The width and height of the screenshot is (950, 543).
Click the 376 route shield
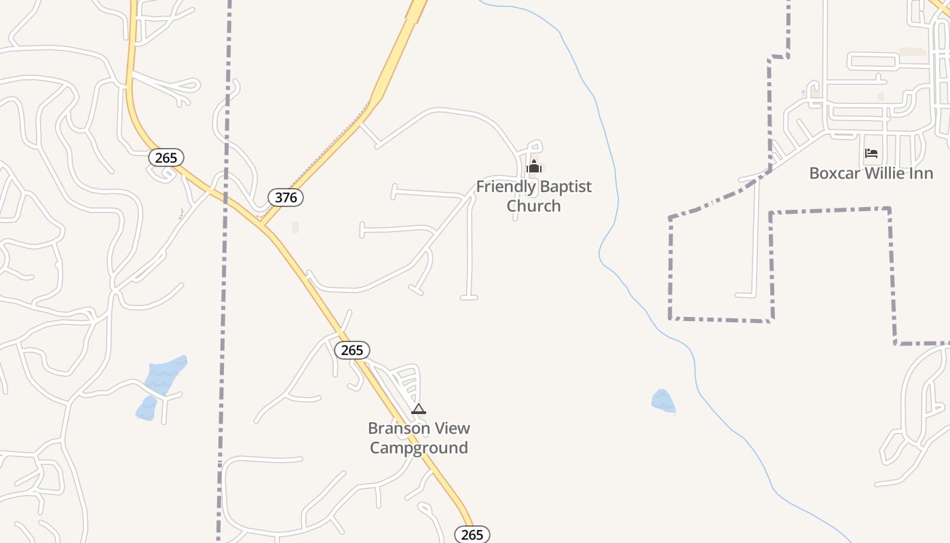pyautogui.click(x=286, y=198)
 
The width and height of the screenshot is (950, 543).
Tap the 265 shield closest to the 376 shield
pyautogui.click(x=166, y=158)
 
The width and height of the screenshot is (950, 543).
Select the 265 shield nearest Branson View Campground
pyautogui.click(x=352, y=350)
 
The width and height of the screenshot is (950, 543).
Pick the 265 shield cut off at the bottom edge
pyautogui.click(x=472, y=534)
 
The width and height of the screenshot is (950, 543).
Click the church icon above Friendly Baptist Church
pyautogui.click(x=534, y=166)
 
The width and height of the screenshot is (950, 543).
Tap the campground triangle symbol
pyautogui.click(x=419, y=409)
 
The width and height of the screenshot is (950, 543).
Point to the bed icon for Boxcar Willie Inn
pyautogui.click(x=871, y=153)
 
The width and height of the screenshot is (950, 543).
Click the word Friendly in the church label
pyautogui.click(x=501, y=186)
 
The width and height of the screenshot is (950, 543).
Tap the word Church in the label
pyautogui.click(x=534, y=206)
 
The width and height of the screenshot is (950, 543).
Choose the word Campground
pyautogui.click(x=419, y=448)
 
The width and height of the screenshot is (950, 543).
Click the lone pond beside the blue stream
pyautogui.click(x=663, y=400)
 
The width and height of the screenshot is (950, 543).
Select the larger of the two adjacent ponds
pyautogui.click(x=164, y=374)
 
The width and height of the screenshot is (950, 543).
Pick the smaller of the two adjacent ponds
pyautogui.click(x=146, y=409)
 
